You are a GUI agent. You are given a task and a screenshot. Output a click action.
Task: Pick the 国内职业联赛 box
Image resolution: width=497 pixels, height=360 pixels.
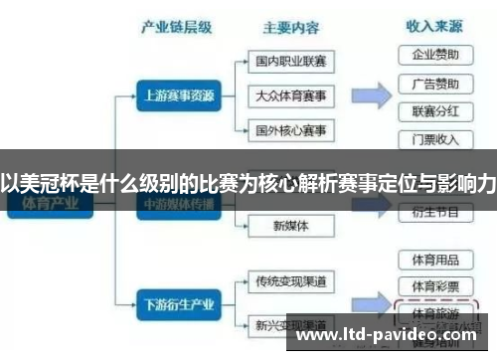(x=290, y=62)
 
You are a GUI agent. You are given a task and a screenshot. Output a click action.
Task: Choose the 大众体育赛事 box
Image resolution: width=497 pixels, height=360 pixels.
(x=290, y=95)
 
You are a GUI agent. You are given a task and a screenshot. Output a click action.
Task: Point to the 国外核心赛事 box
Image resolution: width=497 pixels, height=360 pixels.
(x=290, y=130)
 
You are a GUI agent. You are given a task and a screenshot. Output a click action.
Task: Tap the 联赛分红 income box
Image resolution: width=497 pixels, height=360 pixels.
(x=434, y=109)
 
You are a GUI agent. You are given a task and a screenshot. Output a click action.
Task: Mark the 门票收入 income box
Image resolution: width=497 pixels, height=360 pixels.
(x=434, y=138)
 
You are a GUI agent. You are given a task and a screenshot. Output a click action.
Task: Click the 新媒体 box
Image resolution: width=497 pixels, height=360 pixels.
(x=290, y=226)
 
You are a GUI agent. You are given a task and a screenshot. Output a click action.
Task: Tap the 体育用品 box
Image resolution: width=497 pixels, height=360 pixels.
(x=434, y=260)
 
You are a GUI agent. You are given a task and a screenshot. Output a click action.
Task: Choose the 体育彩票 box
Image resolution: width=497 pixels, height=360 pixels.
(x=434, y=286)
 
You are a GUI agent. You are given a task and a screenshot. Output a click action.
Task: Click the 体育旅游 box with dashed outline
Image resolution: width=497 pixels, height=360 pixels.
(x=434, y=311)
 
